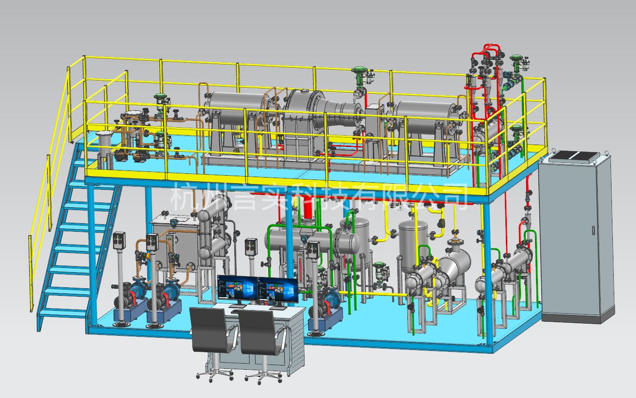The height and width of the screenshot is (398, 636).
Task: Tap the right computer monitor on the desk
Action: [278, 290]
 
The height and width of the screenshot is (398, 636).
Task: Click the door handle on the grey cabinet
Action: [593, 230]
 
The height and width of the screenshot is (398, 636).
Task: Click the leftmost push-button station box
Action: [119, 241]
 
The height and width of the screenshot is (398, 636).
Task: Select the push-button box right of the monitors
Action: [314, 250]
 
